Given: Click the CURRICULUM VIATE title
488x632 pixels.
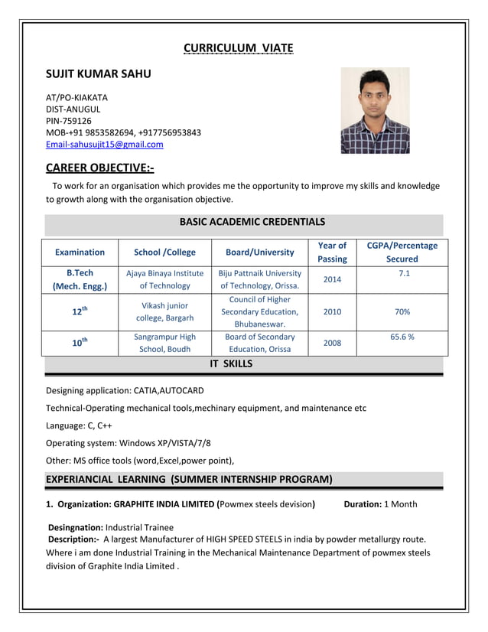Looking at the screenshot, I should tap(238, 50).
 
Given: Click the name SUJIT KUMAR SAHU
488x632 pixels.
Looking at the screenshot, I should tap(99, 74).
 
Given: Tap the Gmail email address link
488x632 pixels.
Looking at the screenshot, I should tap(105, 144).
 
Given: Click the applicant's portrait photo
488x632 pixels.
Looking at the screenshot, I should tap(375, 111).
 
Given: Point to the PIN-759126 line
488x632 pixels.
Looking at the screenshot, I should tap(69, 121).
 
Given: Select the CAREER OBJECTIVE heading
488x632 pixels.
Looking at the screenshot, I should tap(99, 168).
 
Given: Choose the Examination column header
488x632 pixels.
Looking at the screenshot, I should tap(80, 252).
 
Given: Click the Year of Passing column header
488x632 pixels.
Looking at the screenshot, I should tap(331, 252).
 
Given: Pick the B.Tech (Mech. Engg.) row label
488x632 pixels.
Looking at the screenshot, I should tap(80, 279).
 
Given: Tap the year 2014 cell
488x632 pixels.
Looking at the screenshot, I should tap(332, 280).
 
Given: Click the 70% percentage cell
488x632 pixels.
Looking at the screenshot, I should tap(402, 312).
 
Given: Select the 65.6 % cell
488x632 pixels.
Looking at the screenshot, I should tap(402, 337).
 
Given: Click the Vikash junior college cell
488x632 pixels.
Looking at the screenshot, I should tap(164, 311).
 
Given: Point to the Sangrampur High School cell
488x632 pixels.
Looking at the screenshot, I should tap(164, 343).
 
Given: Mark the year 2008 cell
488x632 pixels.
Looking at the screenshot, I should tap(332, 344).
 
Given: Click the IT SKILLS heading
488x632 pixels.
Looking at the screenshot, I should tap(231, 364).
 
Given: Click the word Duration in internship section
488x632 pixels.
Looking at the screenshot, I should tap(362, 504).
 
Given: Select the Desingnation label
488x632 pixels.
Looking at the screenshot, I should tap(76, 527).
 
